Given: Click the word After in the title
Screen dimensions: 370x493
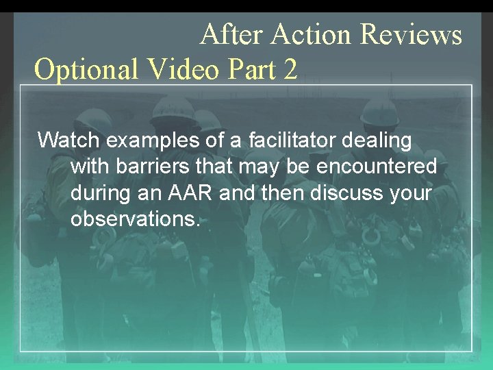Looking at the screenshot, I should pyautogui.click(x=232, y=34).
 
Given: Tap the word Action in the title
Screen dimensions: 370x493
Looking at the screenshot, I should pyautogui.click(x=312, y=34).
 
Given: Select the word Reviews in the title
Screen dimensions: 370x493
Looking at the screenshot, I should pyautogui.click(x=411, y=34).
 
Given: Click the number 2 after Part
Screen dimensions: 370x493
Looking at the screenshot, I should pyautogui.click(x=289, y=69).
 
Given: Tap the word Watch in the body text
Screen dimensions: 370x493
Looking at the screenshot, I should pyautogui.click(x=68, y=140).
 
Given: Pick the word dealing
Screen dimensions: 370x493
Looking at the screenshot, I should pyautogui.click(x=381, y=141).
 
